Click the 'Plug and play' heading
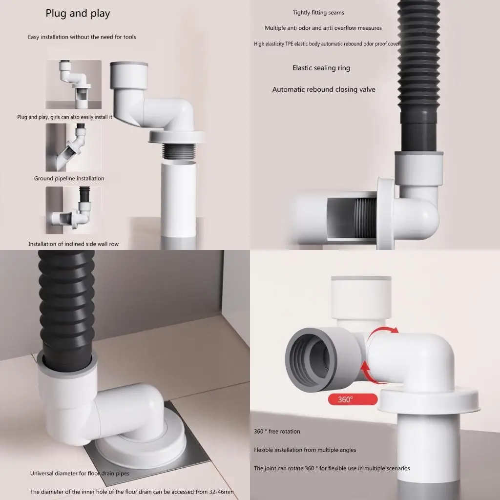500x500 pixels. pyautogui.click(x=78, y=13)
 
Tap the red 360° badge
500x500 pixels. pyautogui.click(x=353, y=399)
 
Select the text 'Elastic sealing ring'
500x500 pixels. pyautogui.click(x=321, y=68)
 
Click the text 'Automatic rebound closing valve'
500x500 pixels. pyautogui.click(x=324, y=90)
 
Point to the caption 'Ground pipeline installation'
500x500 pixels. pyautogui.click(x=69, y=178)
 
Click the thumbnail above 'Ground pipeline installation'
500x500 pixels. pyautogui.click(x=74, y=147)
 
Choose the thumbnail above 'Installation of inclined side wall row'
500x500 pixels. pyautogui.click(x=74, y=210)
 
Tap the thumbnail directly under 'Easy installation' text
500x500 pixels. pyautogui.click(x=74, y=84)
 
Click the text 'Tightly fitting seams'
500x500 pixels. pyautogui.click(x=318, y=13)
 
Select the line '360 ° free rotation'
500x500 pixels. pyautogui.click(x=277, y=432)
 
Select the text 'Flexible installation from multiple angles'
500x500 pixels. pyautogui.click(x=305, y=450)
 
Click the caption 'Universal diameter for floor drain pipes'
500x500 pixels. pyautogui.click(x=80, y=473)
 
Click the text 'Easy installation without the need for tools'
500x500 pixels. pyautogui.click(x=82, y=37)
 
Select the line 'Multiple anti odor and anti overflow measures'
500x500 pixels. pyautogui.click(x=323, y=28)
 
